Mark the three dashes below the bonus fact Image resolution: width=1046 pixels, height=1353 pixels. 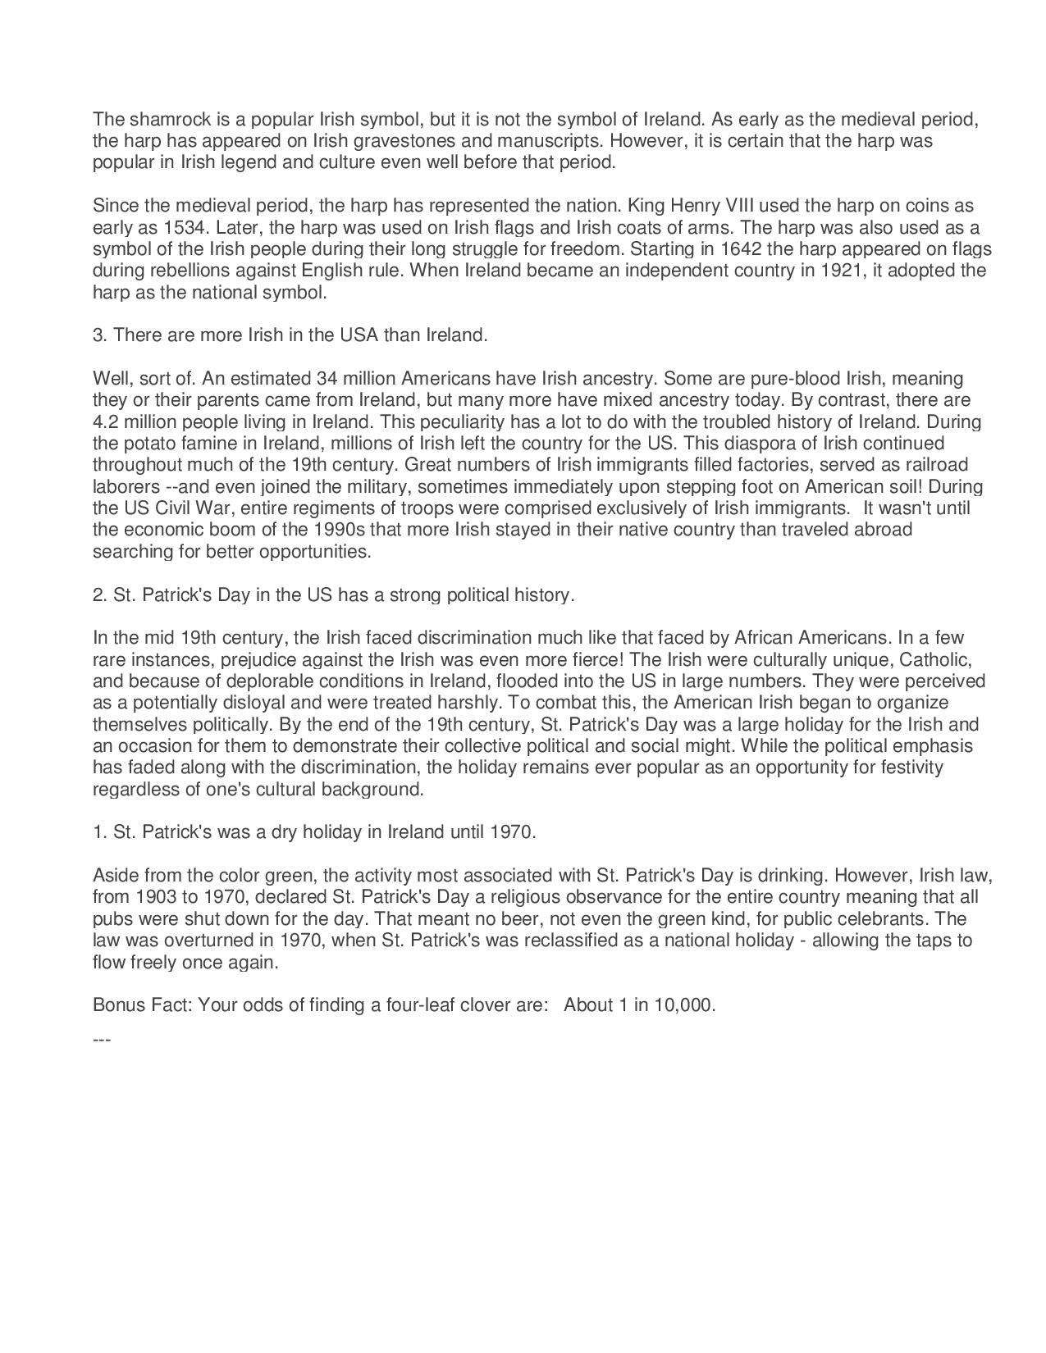[x=102, y=1040]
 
